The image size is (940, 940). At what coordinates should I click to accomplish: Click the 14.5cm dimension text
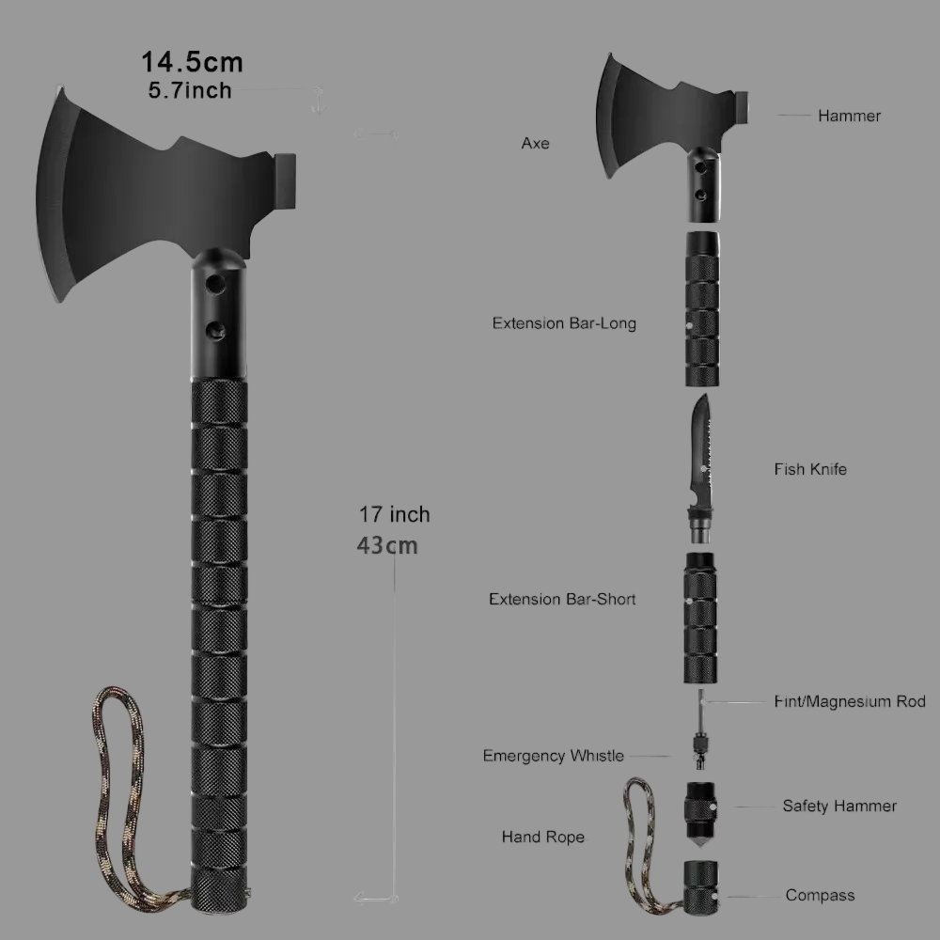point(192,63)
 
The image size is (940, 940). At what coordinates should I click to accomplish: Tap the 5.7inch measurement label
point(190,91)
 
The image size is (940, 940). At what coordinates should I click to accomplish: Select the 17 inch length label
point(394,514)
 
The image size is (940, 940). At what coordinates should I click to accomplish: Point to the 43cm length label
point(387,545)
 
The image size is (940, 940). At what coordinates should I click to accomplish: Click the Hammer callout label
point(849,116)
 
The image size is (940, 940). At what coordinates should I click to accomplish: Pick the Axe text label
point(535,144)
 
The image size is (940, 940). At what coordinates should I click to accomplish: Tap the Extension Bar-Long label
point(564,323)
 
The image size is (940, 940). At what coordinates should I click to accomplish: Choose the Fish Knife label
point(810,469)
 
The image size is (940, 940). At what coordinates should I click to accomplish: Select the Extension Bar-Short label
point(562,599)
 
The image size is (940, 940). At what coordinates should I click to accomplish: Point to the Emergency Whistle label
point(553,756)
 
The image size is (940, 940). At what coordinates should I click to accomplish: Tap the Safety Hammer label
point(839,806)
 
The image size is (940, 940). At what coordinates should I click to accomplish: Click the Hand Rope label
point(542,837)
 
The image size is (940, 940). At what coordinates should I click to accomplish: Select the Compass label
point(820,896)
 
